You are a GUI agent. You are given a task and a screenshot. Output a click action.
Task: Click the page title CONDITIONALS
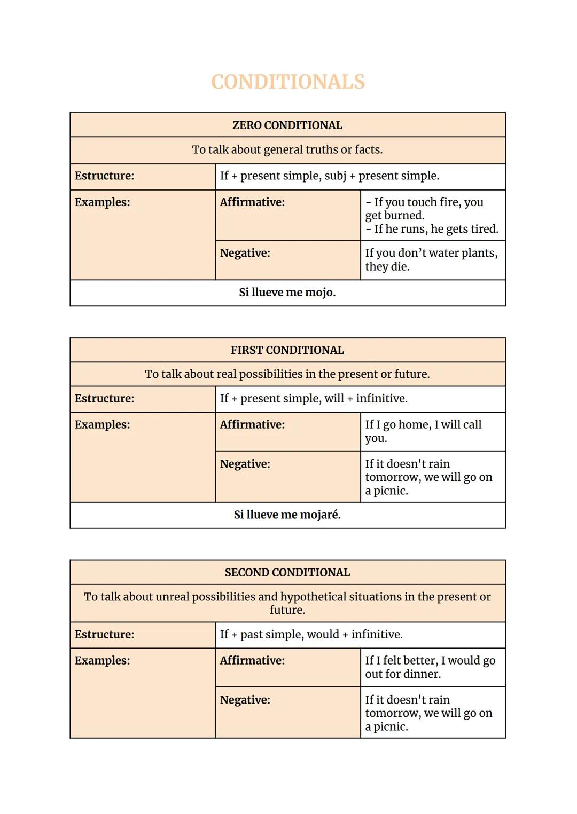pyautogui.click(x=288, y=82)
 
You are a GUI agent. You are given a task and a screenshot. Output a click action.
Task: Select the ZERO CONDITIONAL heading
pyautogui.click(x=287, y=125)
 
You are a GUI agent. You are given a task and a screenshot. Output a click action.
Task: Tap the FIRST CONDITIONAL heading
pyautogui.click(x=287, y=350)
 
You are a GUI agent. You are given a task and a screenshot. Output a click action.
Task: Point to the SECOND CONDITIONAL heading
pyautogui.click(x=287, y=573)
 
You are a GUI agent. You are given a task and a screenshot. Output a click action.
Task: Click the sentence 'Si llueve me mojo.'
pyautogui.click(x=287, y=293)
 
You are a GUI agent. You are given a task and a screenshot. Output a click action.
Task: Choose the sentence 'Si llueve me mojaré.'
pyautogui.click(x=287, y=515)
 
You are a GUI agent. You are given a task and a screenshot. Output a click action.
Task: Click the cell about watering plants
pyautogui.click(x=432, y=259)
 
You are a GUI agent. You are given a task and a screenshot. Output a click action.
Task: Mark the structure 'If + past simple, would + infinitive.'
pyautogui.click(x=311, y=635)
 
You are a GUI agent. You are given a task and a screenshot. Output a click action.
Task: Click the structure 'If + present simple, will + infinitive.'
pyautogui.click(x=314, y=399)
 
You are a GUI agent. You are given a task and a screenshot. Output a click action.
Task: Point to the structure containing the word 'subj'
pyautogui.click(x=330, y=176)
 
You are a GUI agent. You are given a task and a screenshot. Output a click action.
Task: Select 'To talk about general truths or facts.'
pyautogui.click(x=287, y=150)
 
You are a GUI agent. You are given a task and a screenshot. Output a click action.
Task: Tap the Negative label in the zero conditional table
pyautogui.click(x=245, y=253)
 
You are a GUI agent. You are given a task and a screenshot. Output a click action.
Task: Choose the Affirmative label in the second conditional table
pyautogui.click(x=252, y=661)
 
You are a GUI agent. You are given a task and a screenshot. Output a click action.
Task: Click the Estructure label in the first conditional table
pyautogui.click(x=105, y=399)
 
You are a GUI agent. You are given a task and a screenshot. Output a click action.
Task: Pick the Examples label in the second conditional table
pyautogui.click(x=103, y=661)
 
